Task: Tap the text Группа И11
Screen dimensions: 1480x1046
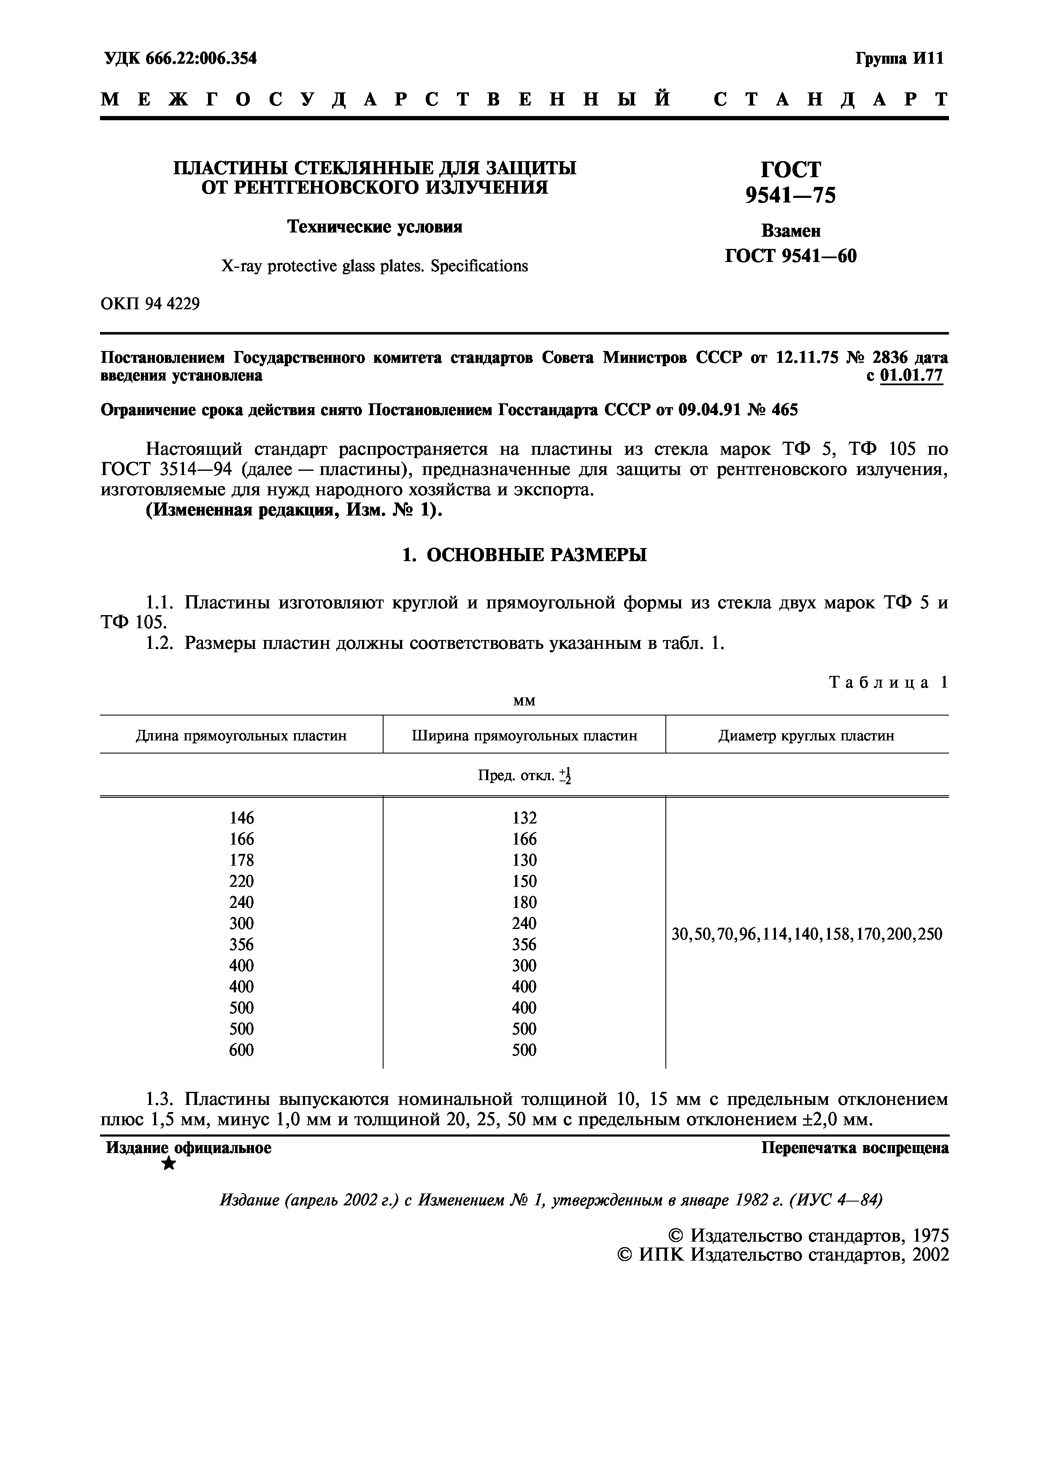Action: (899, 59)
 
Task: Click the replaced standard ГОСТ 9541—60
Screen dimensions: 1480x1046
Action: (790, 257)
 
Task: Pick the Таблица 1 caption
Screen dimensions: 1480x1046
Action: (887, 683)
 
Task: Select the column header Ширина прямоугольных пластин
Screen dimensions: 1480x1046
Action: (524, 735)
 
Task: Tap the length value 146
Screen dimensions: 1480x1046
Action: (242, 818)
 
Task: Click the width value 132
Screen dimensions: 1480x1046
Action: (524, 818)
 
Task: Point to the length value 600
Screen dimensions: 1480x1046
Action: (242, 1050)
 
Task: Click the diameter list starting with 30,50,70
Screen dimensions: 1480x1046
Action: (806, 934)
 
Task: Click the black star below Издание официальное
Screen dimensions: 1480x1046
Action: (169, 1164)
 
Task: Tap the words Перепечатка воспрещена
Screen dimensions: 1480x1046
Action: (854, 1148)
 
